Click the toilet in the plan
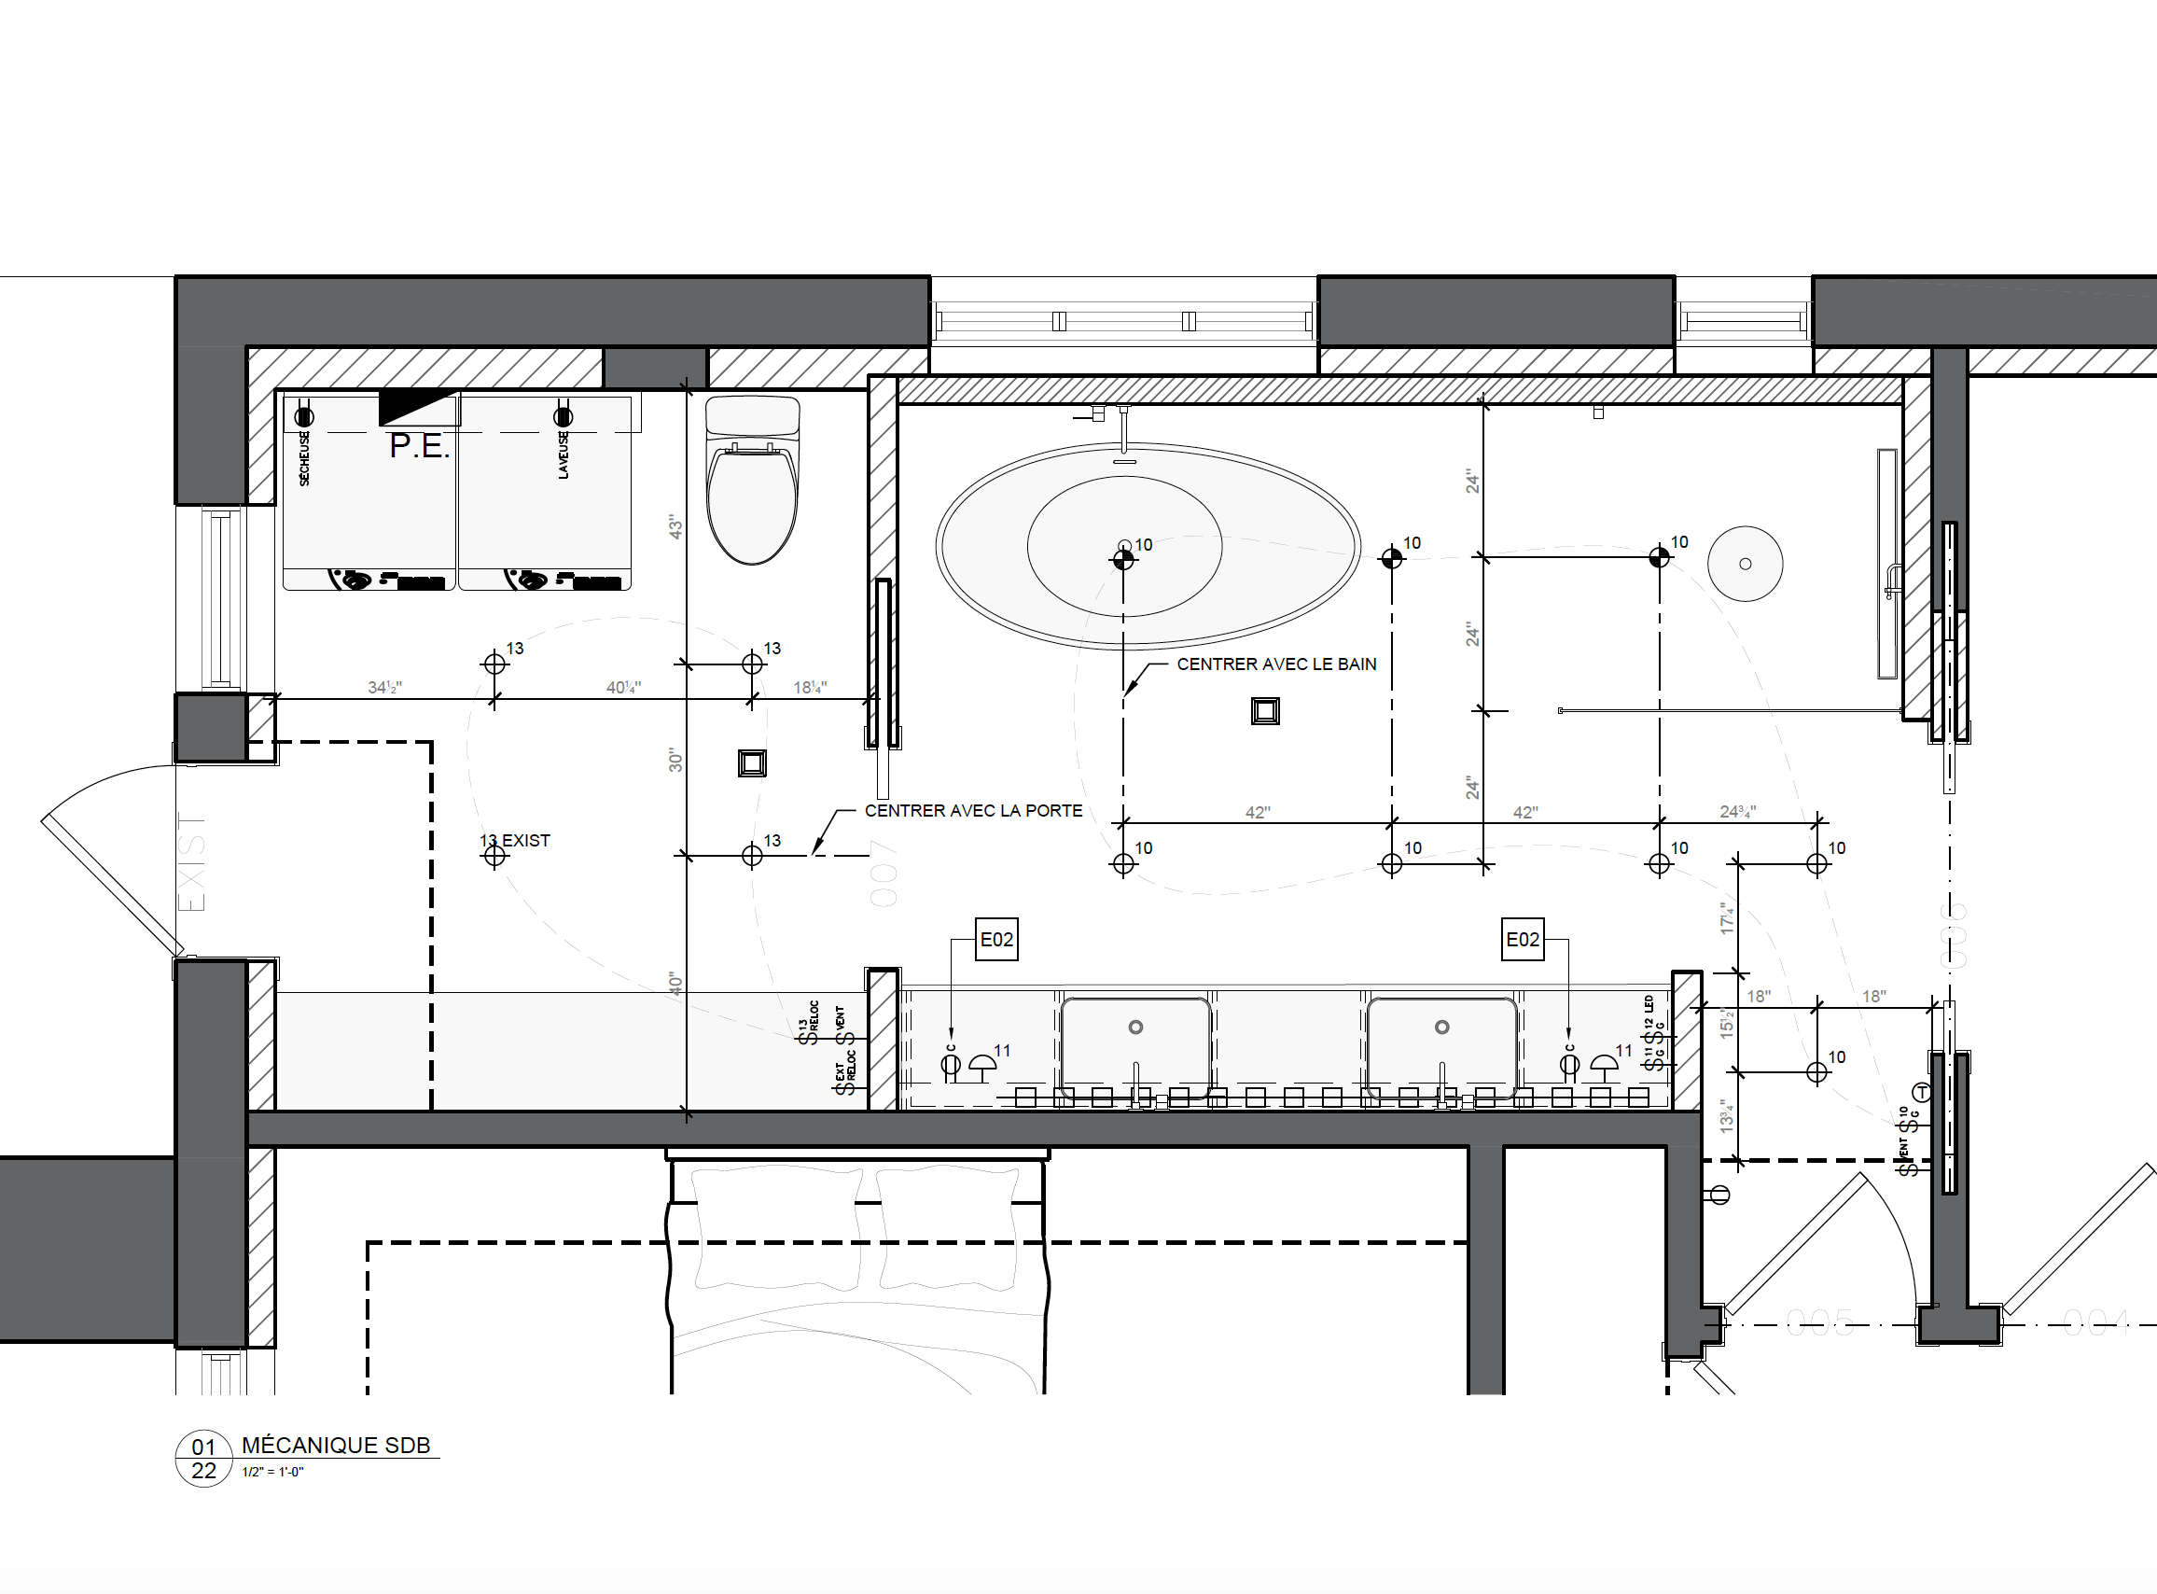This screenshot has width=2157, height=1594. click(753, 482)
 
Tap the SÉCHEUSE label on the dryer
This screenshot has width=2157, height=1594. click(305, 458)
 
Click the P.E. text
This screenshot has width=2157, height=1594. click(419, 447)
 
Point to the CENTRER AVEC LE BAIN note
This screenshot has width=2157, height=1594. click(1275, 664)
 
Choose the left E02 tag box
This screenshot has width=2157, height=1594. click(996, 940)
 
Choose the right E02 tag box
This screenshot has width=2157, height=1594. click(1523, 940)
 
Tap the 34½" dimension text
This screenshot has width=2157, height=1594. click(384, 688)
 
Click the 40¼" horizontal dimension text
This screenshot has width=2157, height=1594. click(623, 688)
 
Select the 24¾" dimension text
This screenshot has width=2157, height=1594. click(1737, 813)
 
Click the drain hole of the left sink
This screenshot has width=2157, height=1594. click(1135, 1028)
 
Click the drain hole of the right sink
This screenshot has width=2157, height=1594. click(1441, 1028)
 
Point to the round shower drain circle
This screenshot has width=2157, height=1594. click(1745, 564)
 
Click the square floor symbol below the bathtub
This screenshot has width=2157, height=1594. click(1265, 711)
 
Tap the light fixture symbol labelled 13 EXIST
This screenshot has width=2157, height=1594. click(494, 855)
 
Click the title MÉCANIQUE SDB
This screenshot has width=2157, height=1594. click(336, 1446)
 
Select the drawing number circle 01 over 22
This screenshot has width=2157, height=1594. click(203, 1459)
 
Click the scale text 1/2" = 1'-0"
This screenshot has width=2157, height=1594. click(272, 1473)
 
